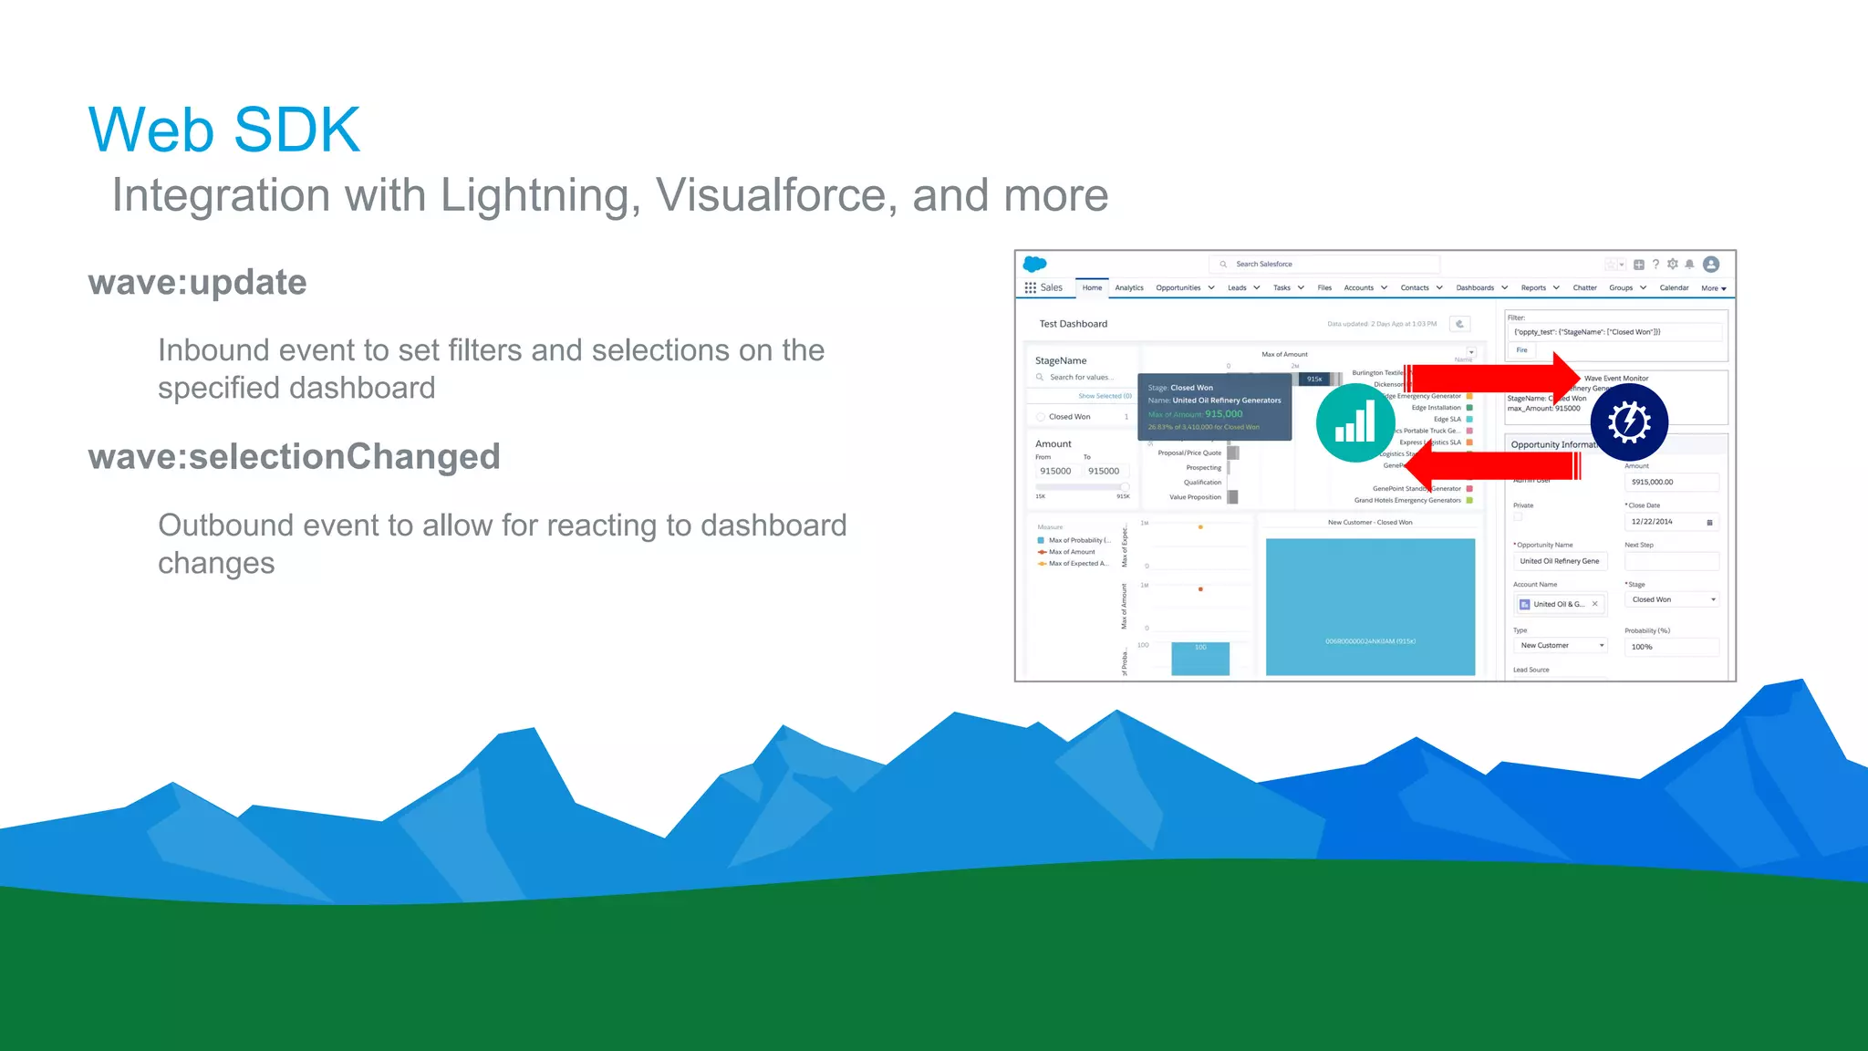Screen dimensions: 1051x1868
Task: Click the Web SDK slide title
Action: point(224,130)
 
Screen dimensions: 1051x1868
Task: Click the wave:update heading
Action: point(197,283)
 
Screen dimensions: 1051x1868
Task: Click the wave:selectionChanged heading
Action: point(294,457)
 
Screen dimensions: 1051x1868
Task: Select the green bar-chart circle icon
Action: point(1354,423)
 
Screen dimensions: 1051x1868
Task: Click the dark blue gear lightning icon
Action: point(1629,421)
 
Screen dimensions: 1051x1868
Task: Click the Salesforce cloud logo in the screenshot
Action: point(1034,264)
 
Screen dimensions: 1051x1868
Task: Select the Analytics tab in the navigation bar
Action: point(1128,288)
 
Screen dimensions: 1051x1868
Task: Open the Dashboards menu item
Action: point(1475,288)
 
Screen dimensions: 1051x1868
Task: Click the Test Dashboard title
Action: point(1073,324)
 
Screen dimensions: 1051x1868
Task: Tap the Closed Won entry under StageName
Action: point(1069,417)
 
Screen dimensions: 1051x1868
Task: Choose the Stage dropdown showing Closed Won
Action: point(1672,600)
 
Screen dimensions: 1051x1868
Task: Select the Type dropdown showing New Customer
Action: point(1561,646)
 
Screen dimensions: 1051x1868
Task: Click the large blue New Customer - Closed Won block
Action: point(1370,607)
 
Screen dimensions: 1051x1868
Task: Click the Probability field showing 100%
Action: point(1670,647)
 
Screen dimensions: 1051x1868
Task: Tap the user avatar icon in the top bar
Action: point(1711,265)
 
